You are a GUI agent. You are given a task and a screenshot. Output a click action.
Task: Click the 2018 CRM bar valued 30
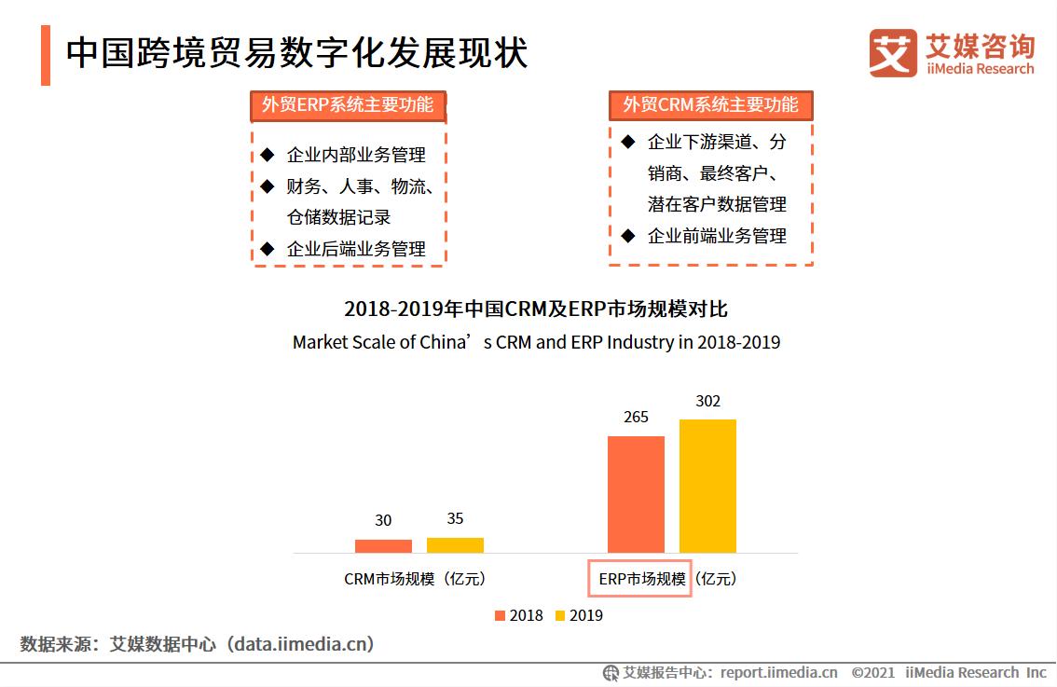(383, 546)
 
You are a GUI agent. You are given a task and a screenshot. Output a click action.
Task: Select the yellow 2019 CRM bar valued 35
(455, 545)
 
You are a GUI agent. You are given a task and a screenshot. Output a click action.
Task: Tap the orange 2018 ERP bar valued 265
(636, 494)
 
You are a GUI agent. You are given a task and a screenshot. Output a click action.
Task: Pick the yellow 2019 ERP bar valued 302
(707, 486)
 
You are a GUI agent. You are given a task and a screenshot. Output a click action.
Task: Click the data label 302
(707, 402)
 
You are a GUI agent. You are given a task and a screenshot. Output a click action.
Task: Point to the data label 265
(636, 418)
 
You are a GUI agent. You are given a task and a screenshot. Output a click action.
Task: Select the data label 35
(455, 519)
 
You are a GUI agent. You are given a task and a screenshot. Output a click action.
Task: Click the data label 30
(383, 521)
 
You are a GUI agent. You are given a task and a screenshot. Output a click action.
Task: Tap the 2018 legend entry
(518, 615)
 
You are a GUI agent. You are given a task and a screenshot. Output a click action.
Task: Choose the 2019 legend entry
(579, 615)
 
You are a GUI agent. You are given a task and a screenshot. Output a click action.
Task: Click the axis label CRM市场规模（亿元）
(415, 579)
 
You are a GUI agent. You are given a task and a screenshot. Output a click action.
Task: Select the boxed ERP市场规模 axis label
(639, 579)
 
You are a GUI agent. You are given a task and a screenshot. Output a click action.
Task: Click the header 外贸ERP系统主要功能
(348, 105)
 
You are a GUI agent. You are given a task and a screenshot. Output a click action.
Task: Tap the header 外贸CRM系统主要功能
(710, 104)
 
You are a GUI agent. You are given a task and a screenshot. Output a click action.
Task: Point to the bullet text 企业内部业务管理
(356, 155)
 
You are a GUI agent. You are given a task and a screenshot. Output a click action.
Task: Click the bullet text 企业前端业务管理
(717, 236)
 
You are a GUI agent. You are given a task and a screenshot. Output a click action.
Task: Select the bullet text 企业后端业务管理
(356, 249)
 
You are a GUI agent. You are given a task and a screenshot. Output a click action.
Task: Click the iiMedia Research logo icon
(892, 53)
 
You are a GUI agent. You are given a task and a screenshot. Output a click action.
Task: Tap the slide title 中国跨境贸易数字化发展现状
(296, 54)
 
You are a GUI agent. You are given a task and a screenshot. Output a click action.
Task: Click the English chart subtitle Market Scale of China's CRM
(536, 342)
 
